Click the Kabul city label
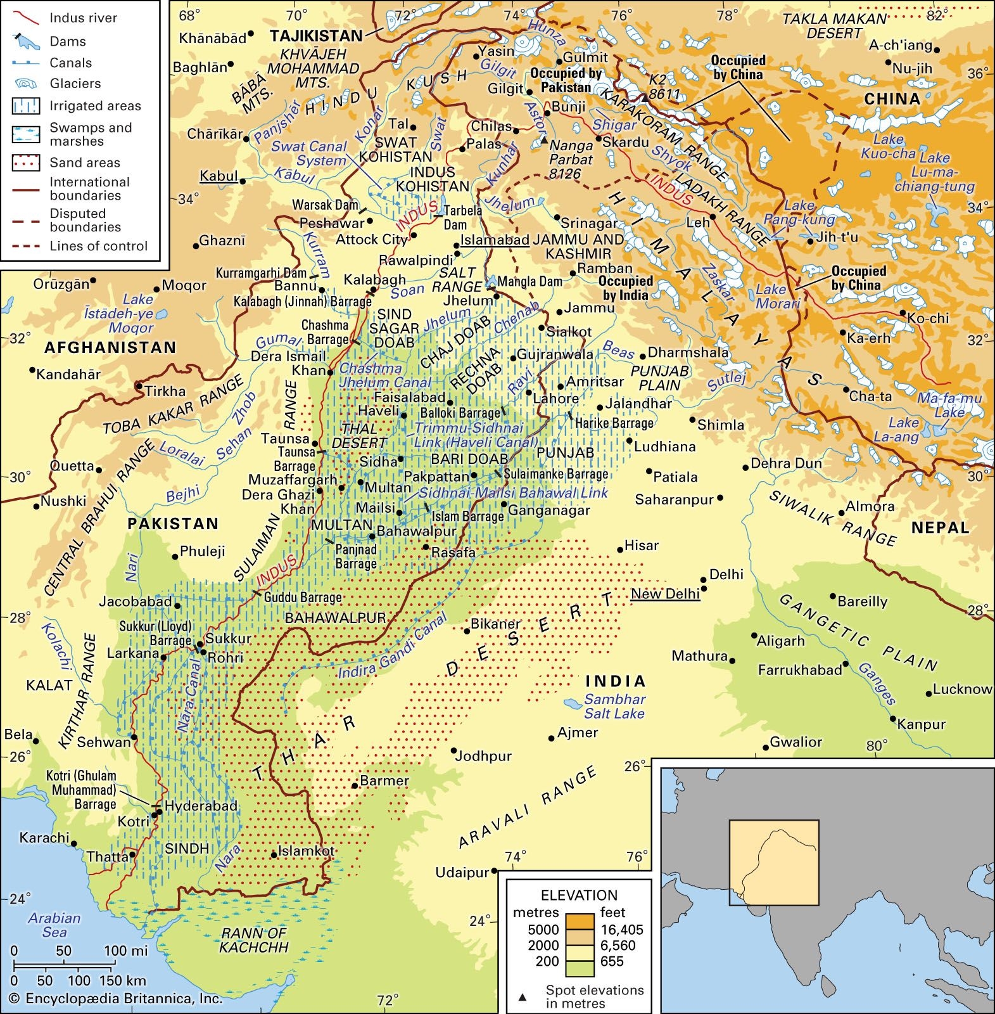(219, 176)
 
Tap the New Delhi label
(665, 593)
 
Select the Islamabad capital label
(494, 240)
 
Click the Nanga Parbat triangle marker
(543, 141)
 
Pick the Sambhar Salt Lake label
(614, 706)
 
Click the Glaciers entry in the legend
(75, 84)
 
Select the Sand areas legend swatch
(25, 162)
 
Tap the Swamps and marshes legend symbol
(25, 134)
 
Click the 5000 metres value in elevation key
(543, 930)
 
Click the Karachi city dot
(74, 844)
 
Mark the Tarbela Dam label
(455, 217)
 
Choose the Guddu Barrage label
(303, 597)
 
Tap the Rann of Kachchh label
(253, 940)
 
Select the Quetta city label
(72, 466)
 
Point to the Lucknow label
(961, 689)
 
